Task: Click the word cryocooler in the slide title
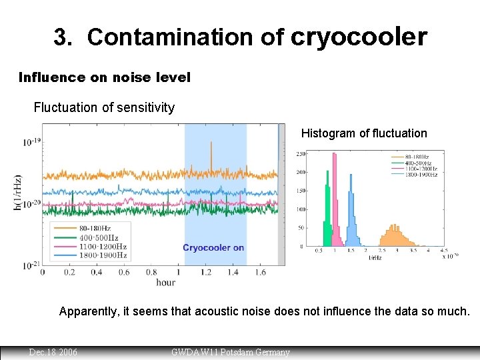[359, 37]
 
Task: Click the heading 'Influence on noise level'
[105, 77]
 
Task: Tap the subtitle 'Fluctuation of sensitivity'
[104, 107]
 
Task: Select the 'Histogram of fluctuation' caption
[364, 133]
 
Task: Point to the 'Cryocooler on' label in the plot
[213, 247]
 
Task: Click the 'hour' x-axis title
[165, 282]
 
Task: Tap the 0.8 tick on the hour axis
[151, 272]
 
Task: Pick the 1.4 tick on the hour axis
[233, 272]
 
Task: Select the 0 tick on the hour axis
[43, 272]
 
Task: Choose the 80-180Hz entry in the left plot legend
[98, 229]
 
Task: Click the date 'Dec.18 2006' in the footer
[53, 351]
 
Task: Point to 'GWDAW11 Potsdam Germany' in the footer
[231, 351]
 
